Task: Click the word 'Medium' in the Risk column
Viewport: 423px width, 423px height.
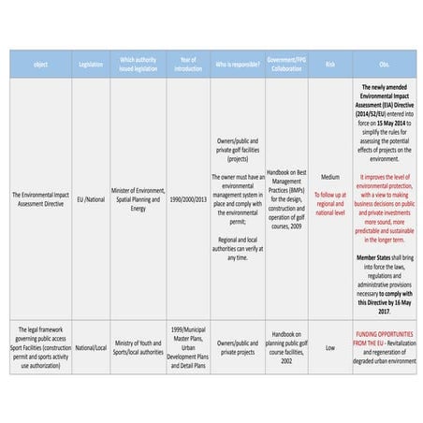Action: [329, 176]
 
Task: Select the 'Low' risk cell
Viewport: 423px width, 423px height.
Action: [329, 347]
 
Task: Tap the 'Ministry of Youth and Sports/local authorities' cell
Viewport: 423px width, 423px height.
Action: [139, 347]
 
